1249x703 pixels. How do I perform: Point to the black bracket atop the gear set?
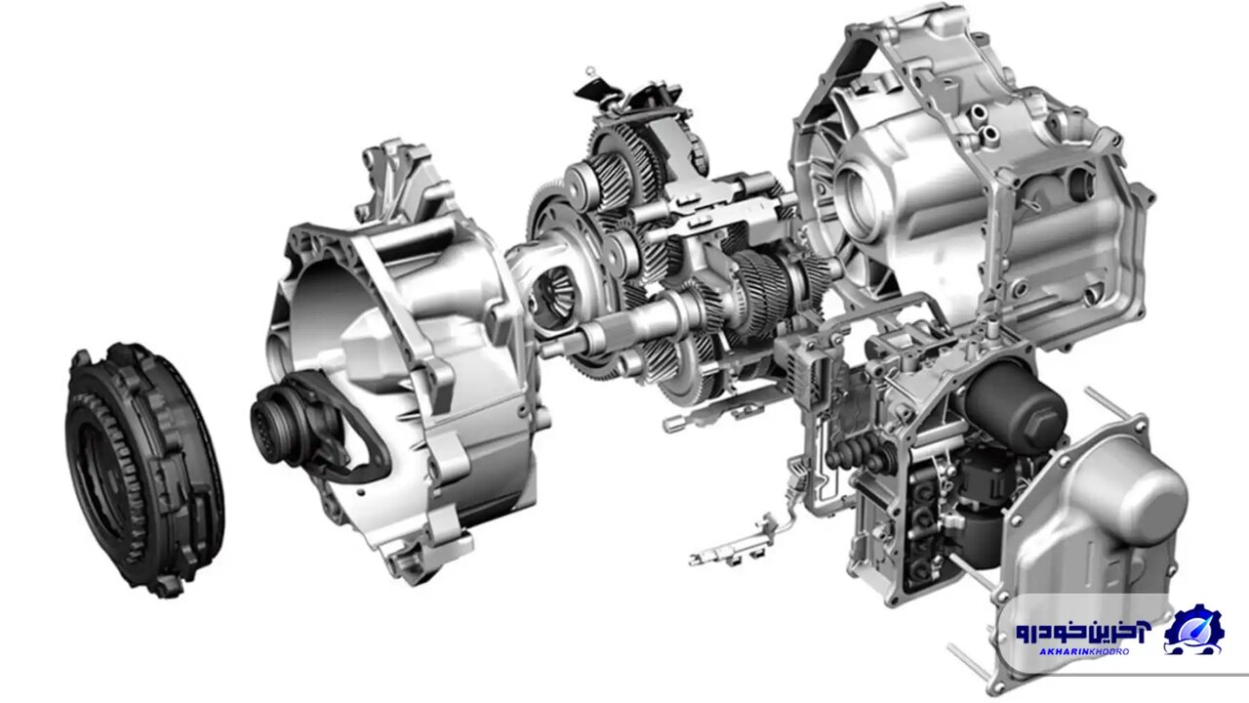click(x=597, y=88)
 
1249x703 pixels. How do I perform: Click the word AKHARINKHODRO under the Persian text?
click(x=1072, y=651)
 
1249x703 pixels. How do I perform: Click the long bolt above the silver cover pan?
click(x=1112, y=400)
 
